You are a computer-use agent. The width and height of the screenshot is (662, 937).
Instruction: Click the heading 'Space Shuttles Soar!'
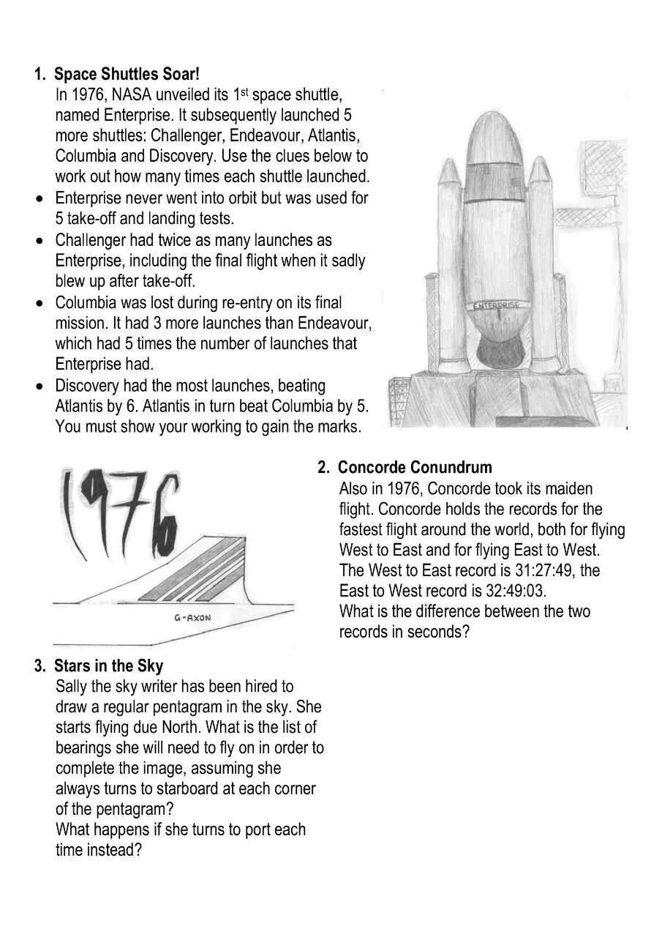click(x=127, y=74)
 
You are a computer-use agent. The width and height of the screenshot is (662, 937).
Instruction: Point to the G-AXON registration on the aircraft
click(x=192, y=618)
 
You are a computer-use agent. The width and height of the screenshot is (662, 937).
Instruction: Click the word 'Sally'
click(x=72, y=687)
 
